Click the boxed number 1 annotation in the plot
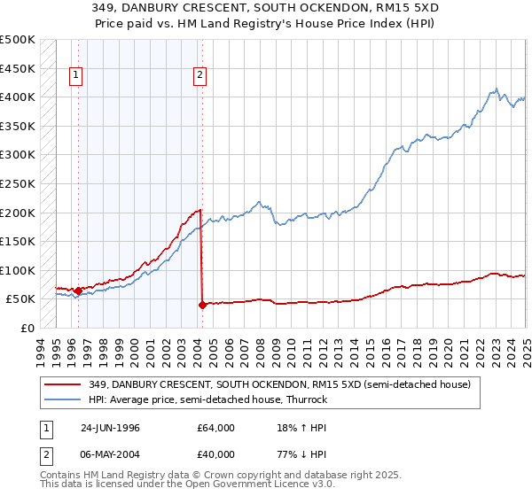tap(77, 76)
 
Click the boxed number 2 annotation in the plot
tap(200, 76)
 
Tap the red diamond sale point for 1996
tap(78, 291)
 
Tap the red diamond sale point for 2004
tap(202, 305)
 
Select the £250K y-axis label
tap(18, 184)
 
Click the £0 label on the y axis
tap(27, 328)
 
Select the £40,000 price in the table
tap(215, 454)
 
